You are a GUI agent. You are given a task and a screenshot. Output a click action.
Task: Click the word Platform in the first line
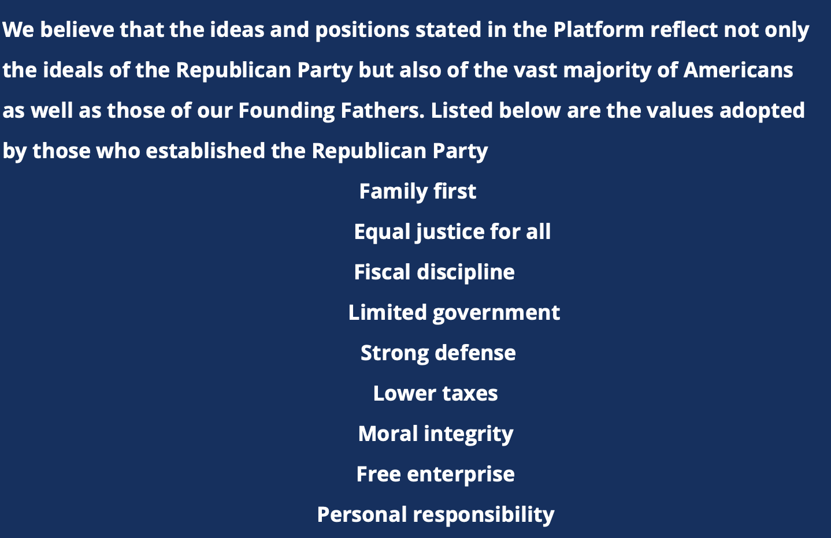tap(598, 29)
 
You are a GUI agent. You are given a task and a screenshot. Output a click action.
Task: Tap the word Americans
tap(738, 70)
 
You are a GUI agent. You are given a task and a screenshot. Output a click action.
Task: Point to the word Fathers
tap(383, 110)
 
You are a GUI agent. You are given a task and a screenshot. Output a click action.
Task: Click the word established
tap(205, 151)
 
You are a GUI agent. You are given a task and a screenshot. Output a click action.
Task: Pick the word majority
tap(607, 71)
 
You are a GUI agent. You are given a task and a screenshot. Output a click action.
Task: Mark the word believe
tap(77, 29)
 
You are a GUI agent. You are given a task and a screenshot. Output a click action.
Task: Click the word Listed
tap(462, 110)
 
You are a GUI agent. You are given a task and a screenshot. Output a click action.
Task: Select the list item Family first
tap(418, 192)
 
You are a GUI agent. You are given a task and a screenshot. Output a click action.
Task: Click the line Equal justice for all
tap(452, 232)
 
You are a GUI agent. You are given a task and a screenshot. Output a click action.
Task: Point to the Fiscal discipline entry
tap(435, 272)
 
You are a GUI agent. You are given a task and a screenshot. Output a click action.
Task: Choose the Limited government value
tap(454, 313)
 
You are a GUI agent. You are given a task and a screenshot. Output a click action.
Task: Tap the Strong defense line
tap(438, 353)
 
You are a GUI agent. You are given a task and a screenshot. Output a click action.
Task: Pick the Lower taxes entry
tap(436, 393)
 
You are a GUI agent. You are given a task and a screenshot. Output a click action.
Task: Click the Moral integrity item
tap(436, 434)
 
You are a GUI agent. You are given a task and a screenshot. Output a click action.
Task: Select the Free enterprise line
tap(436, 475)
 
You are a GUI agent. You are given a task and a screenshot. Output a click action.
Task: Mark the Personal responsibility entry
tap(436, 515)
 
